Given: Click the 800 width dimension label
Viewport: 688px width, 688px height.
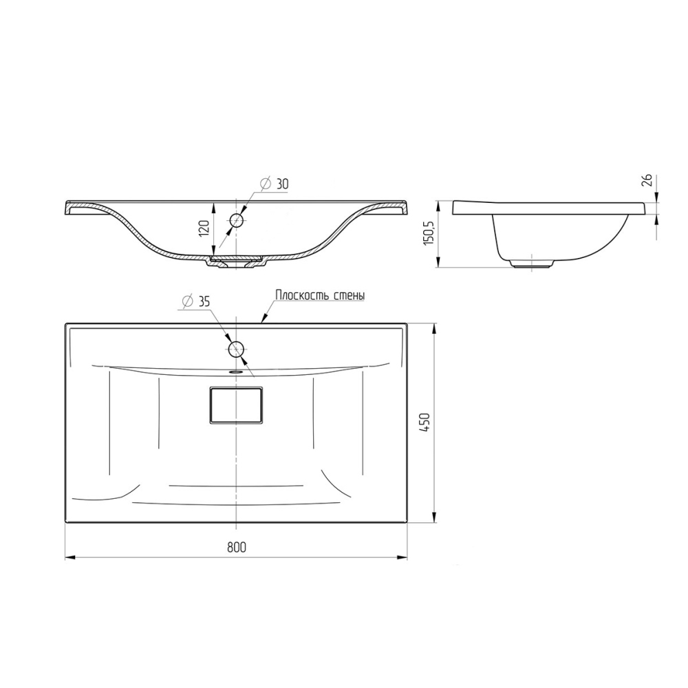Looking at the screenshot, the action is pos(237,547).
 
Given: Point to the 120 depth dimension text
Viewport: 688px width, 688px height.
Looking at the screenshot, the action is pos(204,228).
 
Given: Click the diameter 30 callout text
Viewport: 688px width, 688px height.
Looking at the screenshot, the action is pos(275,184).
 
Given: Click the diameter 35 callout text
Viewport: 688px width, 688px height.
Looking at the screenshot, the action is pos(195,301).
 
